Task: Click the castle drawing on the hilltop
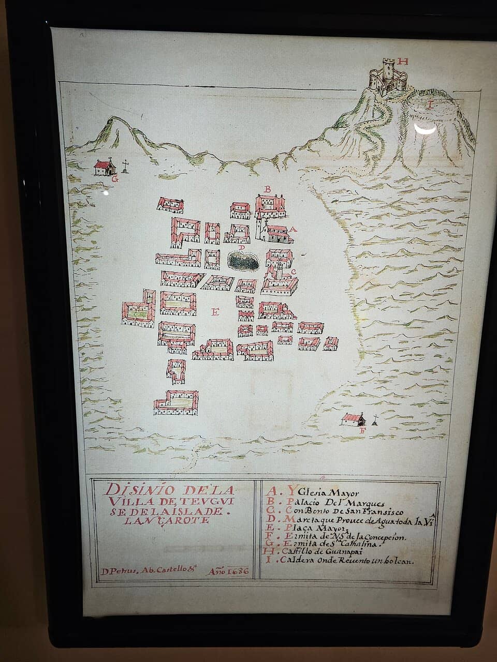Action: tap(387, 78)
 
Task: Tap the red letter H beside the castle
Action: tap(404, 62)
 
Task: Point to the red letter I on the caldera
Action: tap(429, 104)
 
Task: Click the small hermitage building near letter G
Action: tap(104, 167)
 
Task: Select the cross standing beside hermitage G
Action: tap(125, 166)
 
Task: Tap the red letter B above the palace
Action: tap(268, 189)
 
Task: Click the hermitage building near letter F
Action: tap(353, 419)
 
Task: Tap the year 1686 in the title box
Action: tap(229, 572)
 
